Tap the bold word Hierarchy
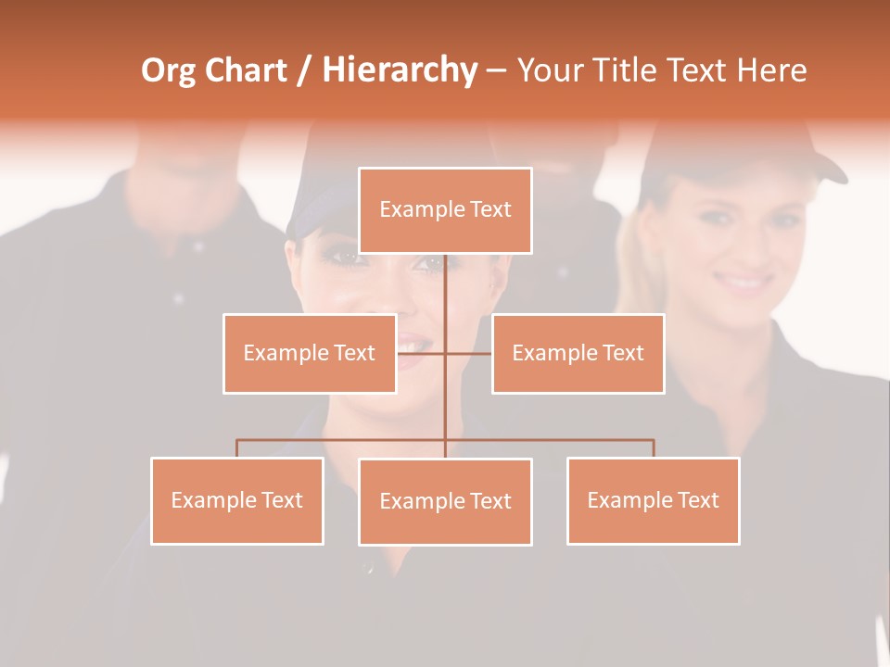pyautogui.click(x=400, y=71)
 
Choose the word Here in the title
pyautogui.click(x=771, y=71)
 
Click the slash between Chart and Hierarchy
pyautogui.click(x=304, y=71)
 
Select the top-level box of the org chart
pyautogui.click(x=445, y=210)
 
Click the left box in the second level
pyautogui.click(x=310, y=353)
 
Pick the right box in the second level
pyautogui.click(x=578, y=353)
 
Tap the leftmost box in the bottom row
pyautogui.click(x=237, y=500)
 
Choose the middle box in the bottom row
pyautogui.click(x=445, y=501)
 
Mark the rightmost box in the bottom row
pyautogui.click(x=654, y=500)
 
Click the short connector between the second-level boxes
pyautogui.click(x=468, y=353)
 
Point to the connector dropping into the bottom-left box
pyautogui.click(x=237, y=448)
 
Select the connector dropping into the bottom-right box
pyautogui.click(x=654, y=448)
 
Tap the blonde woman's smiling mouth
pyautogui.click(x=745, y=281)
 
